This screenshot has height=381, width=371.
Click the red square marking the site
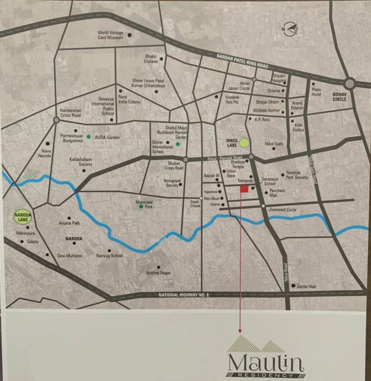[244, 189]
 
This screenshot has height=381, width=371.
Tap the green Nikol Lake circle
[244, 143]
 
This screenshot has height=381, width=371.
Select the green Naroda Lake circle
[22, 216]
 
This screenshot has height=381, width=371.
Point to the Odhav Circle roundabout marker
[350, 83]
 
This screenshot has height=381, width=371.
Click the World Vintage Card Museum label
[110, 35]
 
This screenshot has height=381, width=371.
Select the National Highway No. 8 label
[184, 295]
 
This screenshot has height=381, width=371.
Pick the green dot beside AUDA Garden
[89, 136]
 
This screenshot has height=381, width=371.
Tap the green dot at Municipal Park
[141, 206]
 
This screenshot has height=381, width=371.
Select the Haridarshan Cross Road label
[70, 113]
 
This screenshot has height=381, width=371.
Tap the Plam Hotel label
[316, 92]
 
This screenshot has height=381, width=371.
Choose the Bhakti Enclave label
[151, 59]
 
